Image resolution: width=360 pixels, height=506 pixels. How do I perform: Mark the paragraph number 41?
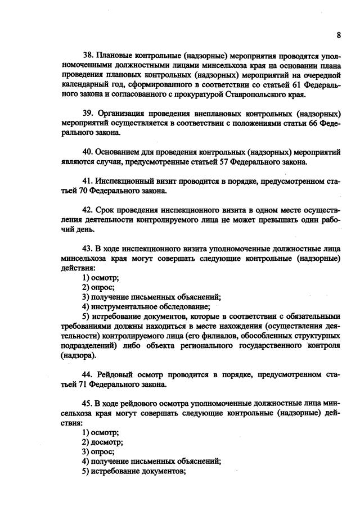(x=88, y=182)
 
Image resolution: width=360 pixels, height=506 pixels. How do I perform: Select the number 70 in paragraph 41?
(x=89, y=191)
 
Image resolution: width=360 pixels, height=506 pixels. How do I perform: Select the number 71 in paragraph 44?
(x=89, y=385)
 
